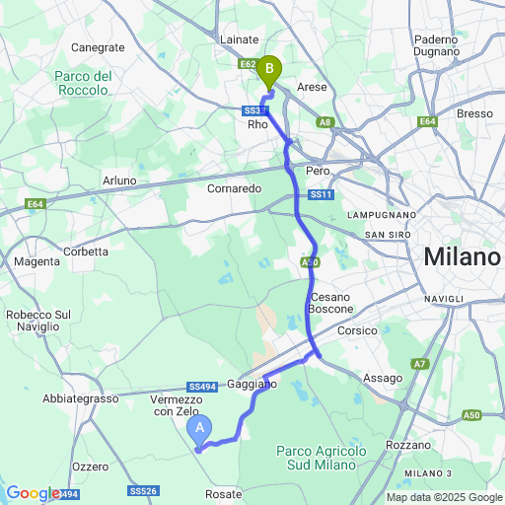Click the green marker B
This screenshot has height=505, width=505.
268,70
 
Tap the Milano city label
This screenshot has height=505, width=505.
462,257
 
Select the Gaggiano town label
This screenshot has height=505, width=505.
252,382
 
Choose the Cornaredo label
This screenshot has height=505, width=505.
234,187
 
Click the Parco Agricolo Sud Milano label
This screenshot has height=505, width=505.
323,458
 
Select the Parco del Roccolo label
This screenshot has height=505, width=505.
82,83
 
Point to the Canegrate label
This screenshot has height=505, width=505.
98,47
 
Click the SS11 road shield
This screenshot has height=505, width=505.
321,195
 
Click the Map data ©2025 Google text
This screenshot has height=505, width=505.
443,497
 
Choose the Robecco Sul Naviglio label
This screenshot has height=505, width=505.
41,322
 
